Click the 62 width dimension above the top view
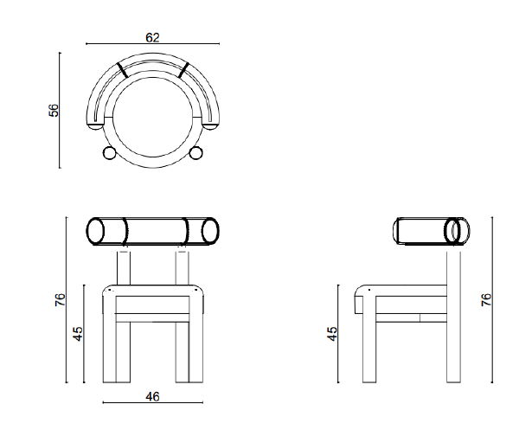click(x=152, y=38)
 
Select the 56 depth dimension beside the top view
click(x=54, y=110)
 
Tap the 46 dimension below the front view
click(x=152, y=396)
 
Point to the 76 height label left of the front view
click(x=61, y=299)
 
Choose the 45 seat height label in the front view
click(x=78, y=334)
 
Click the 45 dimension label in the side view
click(x=332, y=334)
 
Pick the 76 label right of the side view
click(x=486, y=299)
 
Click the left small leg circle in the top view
click(x=109, y=153)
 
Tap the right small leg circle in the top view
click(x=196, y=153)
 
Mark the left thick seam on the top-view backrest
click(x=123, y=70)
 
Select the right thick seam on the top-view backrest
click(x=183, y=70)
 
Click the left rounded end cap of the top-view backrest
click(x=95, y=126)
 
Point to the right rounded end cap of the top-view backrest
click(x=210, y=126)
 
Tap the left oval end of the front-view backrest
click(x=95, y=231)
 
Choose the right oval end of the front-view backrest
click(x=210, y=231)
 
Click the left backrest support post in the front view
click(x=124, y=268)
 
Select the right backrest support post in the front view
click(x=182, y=268)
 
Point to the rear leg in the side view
click(x=453, y=317)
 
